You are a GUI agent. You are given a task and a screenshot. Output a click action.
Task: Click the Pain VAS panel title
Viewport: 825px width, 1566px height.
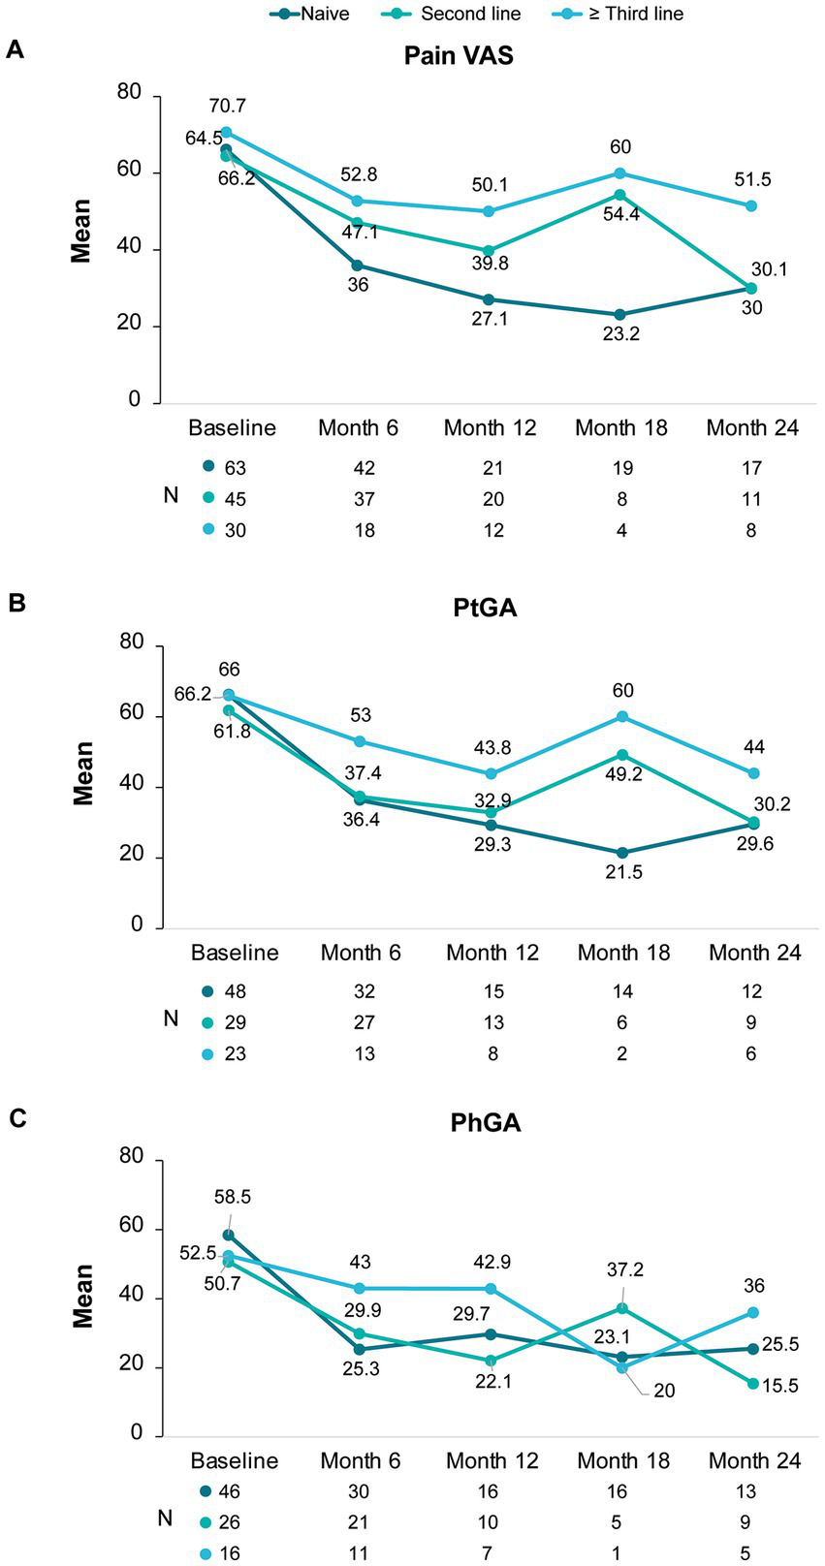[x=459, y=55]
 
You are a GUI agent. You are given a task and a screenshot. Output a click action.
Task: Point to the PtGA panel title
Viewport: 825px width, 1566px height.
[x=459, y=609]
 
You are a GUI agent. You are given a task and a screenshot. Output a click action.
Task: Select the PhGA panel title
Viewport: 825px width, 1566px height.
[x=459, y=1123]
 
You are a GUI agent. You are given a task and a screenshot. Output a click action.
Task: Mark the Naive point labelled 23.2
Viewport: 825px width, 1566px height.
[x=620, y=314]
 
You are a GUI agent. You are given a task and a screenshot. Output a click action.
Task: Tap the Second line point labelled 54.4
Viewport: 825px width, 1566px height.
[x=620, y=195]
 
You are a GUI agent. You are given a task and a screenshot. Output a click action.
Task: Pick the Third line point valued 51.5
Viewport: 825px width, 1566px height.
[x=751, y=205]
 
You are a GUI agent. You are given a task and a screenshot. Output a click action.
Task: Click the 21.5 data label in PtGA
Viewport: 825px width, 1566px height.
[x=622, y=872]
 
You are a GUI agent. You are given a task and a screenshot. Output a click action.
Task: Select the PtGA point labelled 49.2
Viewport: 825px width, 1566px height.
[x=622, y=755]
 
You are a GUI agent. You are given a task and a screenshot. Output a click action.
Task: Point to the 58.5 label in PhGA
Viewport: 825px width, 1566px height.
[x=231, y=1197]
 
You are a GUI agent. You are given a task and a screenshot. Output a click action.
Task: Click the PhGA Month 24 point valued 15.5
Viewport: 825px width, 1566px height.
[x=752, y=1383]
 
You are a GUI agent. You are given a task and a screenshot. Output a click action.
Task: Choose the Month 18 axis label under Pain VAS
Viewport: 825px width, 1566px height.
[x=621, y=428]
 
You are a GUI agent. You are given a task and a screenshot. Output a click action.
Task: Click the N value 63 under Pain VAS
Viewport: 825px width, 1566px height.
[x=235, y=468]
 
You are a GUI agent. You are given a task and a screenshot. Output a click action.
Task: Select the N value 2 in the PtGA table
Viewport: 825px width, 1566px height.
[x=622, y=1053]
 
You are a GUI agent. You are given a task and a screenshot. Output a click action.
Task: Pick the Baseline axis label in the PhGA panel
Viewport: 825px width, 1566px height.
[x=235, y=1460]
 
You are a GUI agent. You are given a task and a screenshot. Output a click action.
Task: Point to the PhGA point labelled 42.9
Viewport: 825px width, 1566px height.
[x=492, y=1289]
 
